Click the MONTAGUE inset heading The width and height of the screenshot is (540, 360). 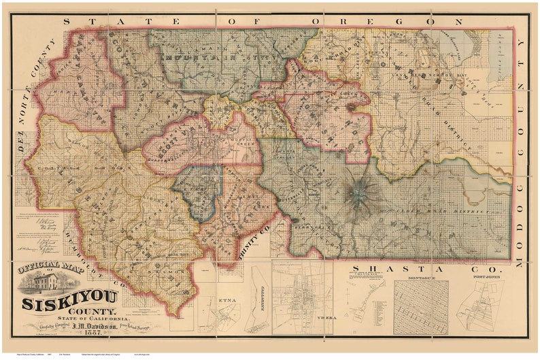tap(420, 279)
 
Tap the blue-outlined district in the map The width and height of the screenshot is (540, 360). tap(198, 191)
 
